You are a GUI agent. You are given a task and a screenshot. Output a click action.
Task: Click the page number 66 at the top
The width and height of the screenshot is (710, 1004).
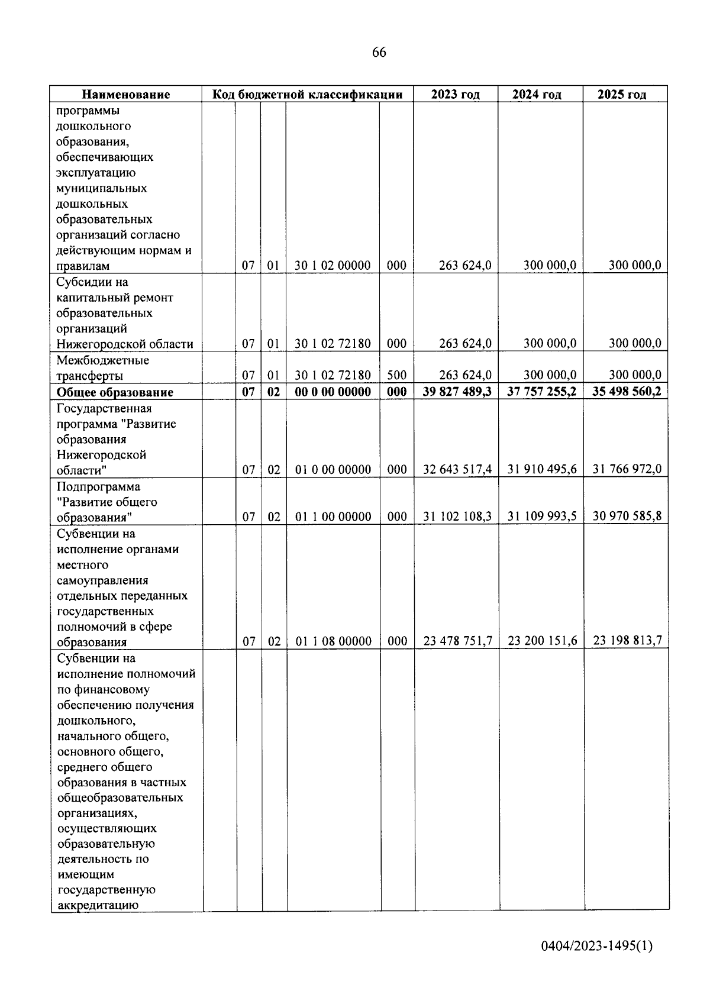[x=379, y=53]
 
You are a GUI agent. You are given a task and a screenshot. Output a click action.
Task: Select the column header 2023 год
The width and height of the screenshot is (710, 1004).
[x=455, y=95]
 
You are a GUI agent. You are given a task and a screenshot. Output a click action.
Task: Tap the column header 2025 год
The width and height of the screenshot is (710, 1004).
[x=622, y=95]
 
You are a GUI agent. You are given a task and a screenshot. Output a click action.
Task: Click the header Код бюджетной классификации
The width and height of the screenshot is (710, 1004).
[x=307, y=95]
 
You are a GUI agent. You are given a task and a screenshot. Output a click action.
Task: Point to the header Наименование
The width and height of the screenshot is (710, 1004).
[x=125, y=95]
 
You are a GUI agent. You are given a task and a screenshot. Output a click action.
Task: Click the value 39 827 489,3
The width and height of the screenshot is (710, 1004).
[x=457, y=392]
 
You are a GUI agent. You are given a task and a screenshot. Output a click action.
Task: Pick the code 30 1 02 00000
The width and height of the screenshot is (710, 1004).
[x=333, y=266]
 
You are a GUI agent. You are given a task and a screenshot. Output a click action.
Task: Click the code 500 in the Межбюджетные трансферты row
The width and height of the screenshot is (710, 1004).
[x=396, y=375]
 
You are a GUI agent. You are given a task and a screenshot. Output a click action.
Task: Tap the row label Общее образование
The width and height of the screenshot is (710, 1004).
[x=115, y=392]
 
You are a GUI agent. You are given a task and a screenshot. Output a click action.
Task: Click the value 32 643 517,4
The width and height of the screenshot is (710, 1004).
[x=457, y=470]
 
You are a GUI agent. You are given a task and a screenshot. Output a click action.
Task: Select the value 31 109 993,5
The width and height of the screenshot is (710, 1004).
[x=542, y=516]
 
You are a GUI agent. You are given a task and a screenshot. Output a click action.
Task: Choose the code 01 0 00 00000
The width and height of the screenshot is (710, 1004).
[x=333, y=470]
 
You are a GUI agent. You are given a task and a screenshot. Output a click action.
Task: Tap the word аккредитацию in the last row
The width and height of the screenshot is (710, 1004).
[x=98, y=905]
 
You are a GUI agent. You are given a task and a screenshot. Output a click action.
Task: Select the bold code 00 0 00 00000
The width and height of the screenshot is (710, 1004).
[x=333, y=392]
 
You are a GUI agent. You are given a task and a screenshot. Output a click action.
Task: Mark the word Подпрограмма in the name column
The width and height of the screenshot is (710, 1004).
[x=98, y=487]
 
